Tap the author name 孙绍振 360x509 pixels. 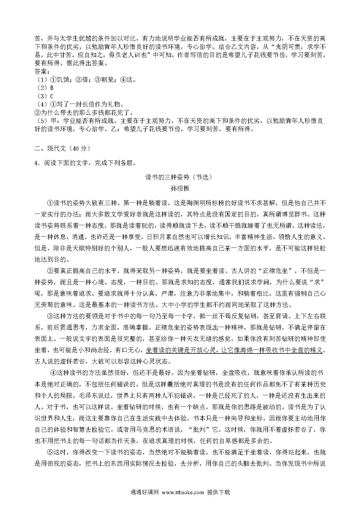pos(180,188)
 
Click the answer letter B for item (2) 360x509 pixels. pos(52,88)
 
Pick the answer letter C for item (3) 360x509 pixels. pos(52,96)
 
